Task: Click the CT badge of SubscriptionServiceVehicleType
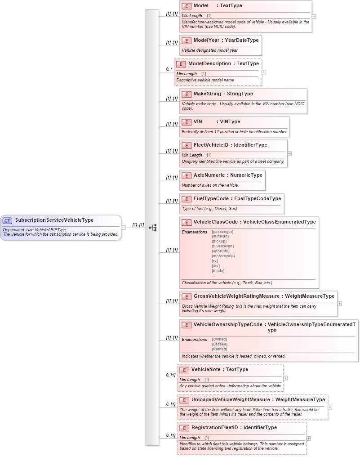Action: pyautogui.click(x=8, y=220)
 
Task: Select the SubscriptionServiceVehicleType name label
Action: pyautogui.click(x=54, y=220)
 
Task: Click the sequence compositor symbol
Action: pyautogui.click(x=153, y=228)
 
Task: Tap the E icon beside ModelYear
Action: pyautogui.click(x=187, y=40)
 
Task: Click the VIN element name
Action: pyautogui.click(x=198, y=121)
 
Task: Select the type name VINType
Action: pyautogui.click(x=230, y=121)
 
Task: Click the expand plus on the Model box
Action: pyautogui.click(x=314, y=16)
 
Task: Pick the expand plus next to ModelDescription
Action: pyautogui.click(x=264, y=72)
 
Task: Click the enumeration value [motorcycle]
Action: pyautogui.click(x=223, y=256)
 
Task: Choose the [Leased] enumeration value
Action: pyautogui.click(x=219, y=344)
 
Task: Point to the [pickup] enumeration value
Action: pyautogui.click(x=219, y=241)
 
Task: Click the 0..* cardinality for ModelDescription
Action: pyautogui.click(x=169, y=69)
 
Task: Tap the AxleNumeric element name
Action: pyautogui.click(x=209, y=175)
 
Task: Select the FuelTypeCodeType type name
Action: pyautogui.click(x=258, y=198)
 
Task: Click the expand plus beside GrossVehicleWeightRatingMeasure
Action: pyautogui.click(x=340, y=303)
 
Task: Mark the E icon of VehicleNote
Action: pyautogui.click(x=184, y=370)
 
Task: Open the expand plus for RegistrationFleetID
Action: pyautogui.click(x=309, y=438)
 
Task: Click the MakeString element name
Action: pyautogui.click(x=207, y=94)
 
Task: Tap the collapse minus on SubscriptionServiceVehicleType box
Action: pyautogui.click(x=123, y=228)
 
